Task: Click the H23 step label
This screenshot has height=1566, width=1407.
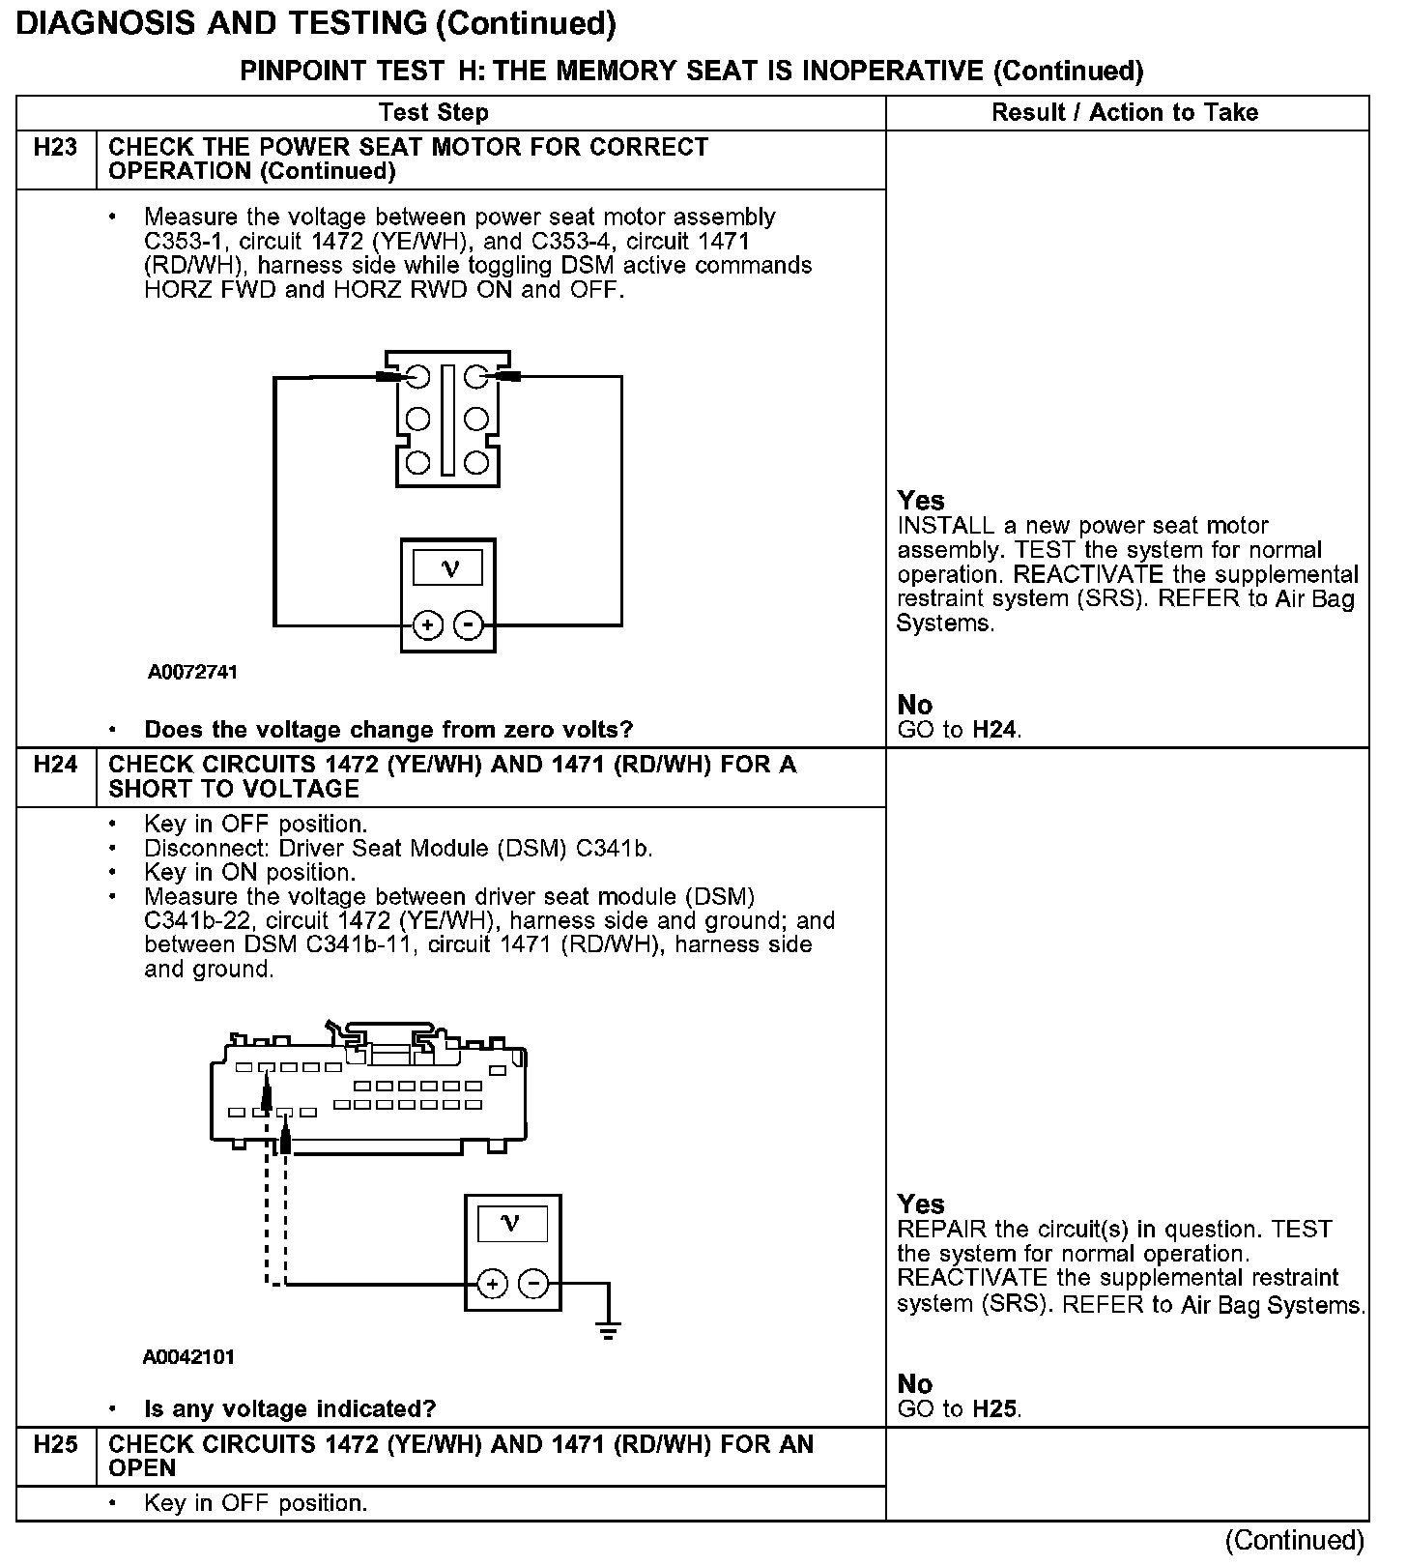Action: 55,148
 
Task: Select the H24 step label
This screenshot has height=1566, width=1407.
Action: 55,765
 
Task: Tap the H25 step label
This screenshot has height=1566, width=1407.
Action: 55,1444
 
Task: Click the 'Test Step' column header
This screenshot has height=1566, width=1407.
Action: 434,113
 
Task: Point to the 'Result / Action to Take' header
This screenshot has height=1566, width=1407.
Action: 1125,113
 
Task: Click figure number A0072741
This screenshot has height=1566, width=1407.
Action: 192,672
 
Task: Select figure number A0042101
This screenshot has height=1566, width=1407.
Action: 188,1357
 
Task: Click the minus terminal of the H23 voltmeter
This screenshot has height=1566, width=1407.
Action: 469,625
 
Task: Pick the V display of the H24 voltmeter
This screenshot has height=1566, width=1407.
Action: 512,1225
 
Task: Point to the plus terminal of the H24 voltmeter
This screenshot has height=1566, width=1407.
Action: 493,1284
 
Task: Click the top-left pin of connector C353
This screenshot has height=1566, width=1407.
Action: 417,376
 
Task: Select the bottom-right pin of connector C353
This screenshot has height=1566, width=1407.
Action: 476,462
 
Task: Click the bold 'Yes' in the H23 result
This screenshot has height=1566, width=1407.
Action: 920,501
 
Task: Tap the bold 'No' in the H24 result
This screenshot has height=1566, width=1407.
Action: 914,1383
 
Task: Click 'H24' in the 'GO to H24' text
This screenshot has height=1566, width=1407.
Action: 994,730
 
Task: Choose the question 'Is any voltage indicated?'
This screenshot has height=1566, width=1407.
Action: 290,1409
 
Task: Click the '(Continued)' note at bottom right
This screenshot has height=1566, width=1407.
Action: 1294,1540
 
